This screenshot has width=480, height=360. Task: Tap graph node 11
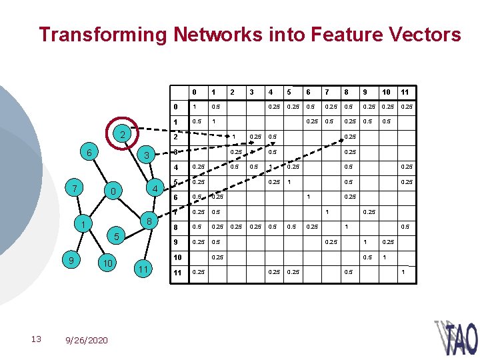tap(143, 269)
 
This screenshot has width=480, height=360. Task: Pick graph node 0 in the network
tap(113, 192)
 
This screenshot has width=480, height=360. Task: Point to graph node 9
tap(67, 259)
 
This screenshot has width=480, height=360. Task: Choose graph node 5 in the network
tap(116, 237)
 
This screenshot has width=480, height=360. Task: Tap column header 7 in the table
tap(327, 91)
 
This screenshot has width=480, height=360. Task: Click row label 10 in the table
tap(178, 257)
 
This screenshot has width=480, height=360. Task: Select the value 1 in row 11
tap(403, 272)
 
